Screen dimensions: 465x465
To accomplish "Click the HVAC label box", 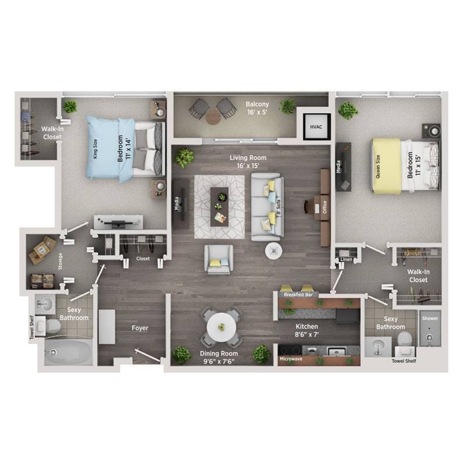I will (316, 126).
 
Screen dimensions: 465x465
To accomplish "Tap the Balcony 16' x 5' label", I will (256, 109).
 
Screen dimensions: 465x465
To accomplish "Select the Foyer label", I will (139, 328).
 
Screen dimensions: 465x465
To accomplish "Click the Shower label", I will (430, 319).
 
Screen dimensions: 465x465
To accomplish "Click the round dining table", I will (221, 326).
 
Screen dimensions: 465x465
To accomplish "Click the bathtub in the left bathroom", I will (69, 352).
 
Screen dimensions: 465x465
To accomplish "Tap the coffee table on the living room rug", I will (220, 205).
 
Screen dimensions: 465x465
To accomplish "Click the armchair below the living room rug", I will (219, 259).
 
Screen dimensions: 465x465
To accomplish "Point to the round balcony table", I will (212, 115).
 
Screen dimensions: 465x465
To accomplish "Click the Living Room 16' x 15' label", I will (248, 162).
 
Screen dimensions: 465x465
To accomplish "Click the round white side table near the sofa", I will (274, 251).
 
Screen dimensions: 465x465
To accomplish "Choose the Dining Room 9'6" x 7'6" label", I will (219, 357).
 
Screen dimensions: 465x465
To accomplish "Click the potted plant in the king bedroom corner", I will (70, 106).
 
